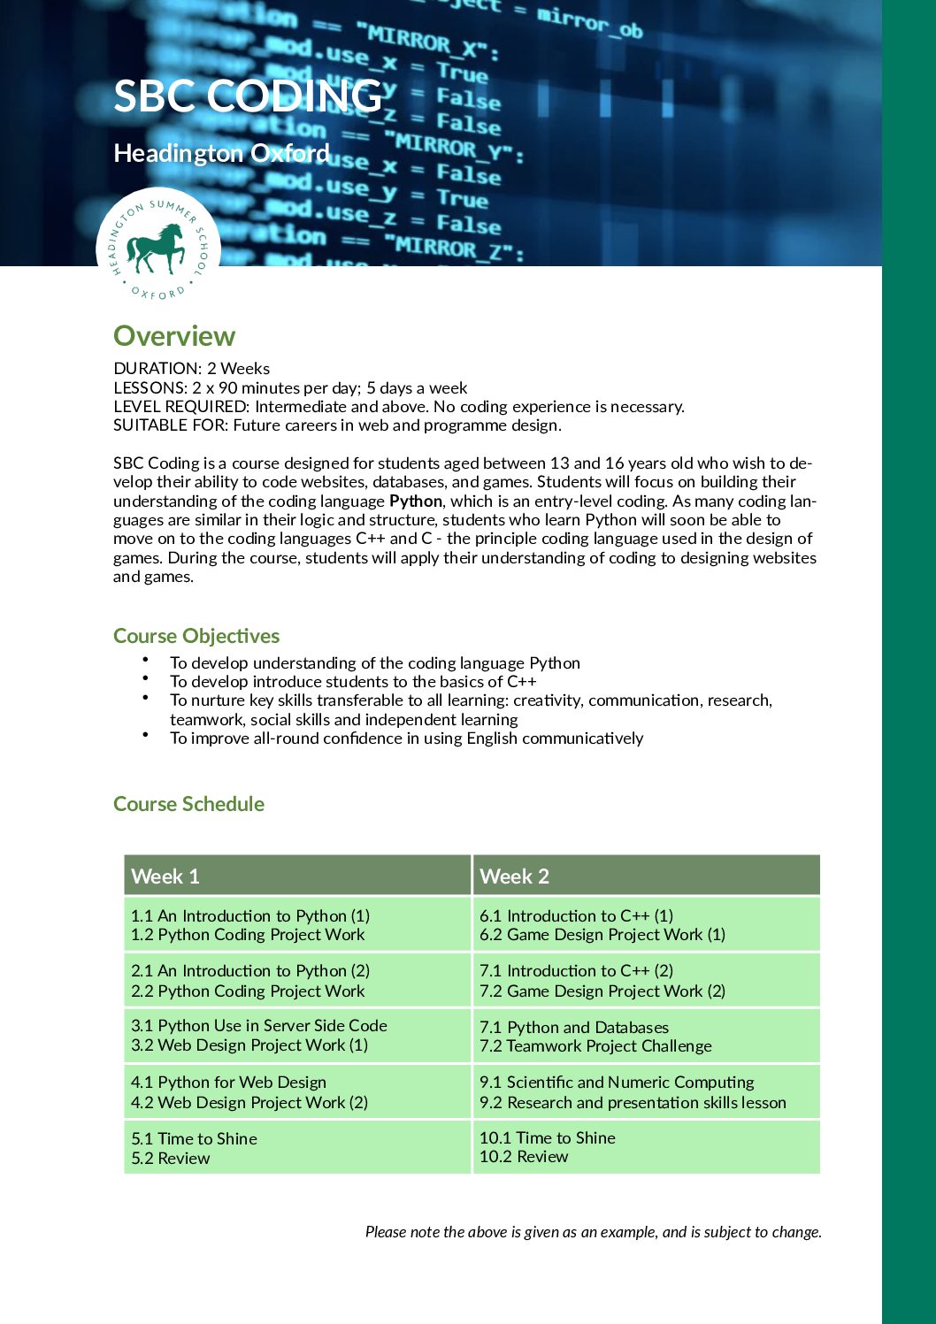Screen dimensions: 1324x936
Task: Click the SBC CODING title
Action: coord(248,96)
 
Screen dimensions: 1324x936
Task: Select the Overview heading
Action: coord(174,336)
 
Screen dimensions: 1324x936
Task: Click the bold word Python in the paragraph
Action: coord(415,501)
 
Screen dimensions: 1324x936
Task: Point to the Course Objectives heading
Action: coord(196,636)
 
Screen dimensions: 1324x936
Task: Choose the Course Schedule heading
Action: coord(188,804)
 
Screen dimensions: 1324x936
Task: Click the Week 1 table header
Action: coord(165,876)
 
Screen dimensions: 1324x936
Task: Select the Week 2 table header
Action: coord(514,876)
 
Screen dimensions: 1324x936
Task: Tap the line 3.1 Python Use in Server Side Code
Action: coord(259,1025)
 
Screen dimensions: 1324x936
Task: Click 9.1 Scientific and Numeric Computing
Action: coord(617,1082)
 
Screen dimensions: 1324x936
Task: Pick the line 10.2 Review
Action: coord(524,1157)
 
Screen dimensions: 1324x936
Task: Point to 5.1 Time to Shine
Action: coord(194,1138)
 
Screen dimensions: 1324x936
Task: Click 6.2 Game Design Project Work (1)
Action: coord(602,935)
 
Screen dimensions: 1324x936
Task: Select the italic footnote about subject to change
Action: coord(593,1232)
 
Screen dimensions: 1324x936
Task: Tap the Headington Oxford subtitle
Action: coord(221,153)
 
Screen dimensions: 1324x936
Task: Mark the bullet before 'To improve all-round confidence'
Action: coord(144,734)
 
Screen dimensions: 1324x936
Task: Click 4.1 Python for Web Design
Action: coord(228,1082)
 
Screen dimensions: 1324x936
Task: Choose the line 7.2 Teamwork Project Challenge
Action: coord(595,1046)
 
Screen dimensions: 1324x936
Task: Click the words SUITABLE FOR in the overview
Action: coord(170,425)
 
